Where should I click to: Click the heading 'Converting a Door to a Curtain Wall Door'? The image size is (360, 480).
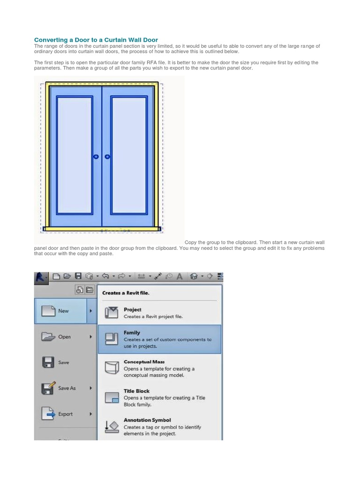(x=96, y=40)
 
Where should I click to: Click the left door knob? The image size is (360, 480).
(x=96, y=157)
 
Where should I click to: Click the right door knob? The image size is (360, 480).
(x=107, y=157)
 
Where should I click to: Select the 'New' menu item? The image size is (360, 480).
(x=63, y=311)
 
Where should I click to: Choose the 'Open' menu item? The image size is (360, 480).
(x=65, y=337)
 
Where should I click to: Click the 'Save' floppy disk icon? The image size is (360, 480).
(x=47, y=362)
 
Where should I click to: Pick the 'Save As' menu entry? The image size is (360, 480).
(x=67, y=388)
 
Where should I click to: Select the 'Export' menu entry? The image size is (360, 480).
(x=66, y=414)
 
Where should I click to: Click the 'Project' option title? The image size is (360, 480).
(x=132, y=309)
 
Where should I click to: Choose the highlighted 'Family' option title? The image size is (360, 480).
(x=132, y=332)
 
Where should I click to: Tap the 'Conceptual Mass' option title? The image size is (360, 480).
(x=144, y=362)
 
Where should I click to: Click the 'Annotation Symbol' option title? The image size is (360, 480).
(x=147, y=420)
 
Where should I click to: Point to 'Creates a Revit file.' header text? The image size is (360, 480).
(x=126, y=293)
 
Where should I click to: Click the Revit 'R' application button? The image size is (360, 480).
(x=41, y=277)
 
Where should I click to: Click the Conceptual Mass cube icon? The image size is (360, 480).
(x=112, y=368)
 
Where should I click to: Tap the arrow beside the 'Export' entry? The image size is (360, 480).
(x=90, y=414)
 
